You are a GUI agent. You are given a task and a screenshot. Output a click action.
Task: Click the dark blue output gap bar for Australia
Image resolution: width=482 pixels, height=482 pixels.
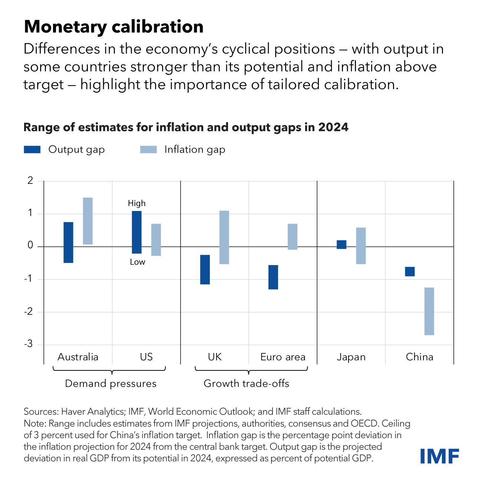68,242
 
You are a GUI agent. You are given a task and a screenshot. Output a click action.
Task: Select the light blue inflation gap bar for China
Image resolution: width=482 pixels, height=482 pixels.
429,311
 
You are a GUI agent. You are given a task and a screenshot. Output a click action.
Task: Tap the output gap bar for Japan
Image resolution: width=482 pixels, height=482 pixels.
341,245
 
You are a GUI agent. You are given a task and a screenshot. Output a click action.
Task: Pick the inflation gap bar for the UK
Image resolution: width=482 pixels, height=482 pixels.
224,237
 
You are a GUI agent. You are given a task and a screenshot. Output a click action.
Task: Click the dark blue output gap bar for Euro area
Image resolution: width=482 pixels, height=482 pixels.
273,277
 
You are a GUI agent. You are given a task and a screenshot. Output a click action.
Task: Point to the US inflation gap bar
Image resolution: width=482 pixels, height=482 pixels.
156,240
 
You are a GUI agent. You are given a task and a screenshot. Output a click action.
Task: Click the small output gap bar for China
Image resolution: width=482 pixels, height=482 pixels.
410,271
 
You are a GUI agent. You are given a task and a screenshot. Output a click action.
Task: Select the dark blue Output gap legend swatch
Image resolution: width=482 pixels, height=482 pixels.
32,149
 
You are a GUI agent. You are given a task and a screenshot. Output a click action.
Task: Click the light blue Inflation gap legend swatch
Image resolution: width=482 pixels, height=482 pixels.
148,149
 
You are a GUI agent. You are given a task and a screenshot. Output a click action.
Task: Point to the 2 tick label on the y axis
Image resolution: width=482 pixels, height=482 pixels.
30,181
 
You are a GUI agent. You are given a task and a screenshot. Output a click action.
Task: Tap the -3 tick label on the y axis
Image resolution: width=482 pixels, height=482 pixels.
28,344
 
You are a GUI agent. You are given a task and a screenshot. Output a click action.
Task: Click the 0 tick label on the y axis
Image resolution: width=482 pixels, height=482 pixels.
30,246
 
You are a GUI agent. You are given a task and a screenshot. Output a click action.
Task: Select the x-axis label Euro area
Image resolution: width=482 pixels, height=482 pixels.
283,357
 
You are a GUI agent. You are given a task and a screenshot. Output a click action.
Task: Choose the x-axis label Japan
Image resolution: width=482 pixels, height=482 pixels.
351,357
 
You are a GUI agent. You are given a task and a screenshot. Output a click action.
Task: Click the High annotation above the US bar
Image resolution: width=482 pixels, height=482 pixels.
136,203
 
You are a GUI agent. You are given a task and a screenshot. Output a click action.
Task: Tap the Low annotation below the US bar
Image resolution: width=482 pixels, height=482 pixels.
137,262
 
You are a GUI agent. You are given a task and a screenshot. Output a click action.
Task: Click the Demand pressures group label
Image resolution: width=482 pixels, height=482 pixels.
110,383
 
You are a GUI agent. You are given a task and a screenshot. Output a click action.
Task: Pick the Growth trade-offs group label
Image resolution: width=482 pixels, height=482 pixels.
246,383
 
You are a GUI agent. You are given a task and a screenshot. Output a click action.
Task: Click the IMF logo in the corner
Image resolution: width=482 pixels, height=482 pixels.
440,456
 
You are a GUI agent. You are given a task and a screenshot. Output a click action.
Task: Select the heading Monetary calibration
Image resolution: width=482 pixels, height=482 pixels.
113,27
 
